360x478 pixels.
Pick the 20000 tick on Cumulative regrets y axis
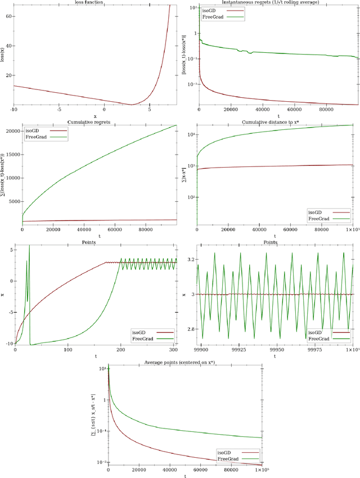11,132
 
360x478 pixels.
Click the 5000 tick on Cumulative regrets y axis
13,201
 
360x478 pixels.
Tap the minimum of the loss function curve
132,104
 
